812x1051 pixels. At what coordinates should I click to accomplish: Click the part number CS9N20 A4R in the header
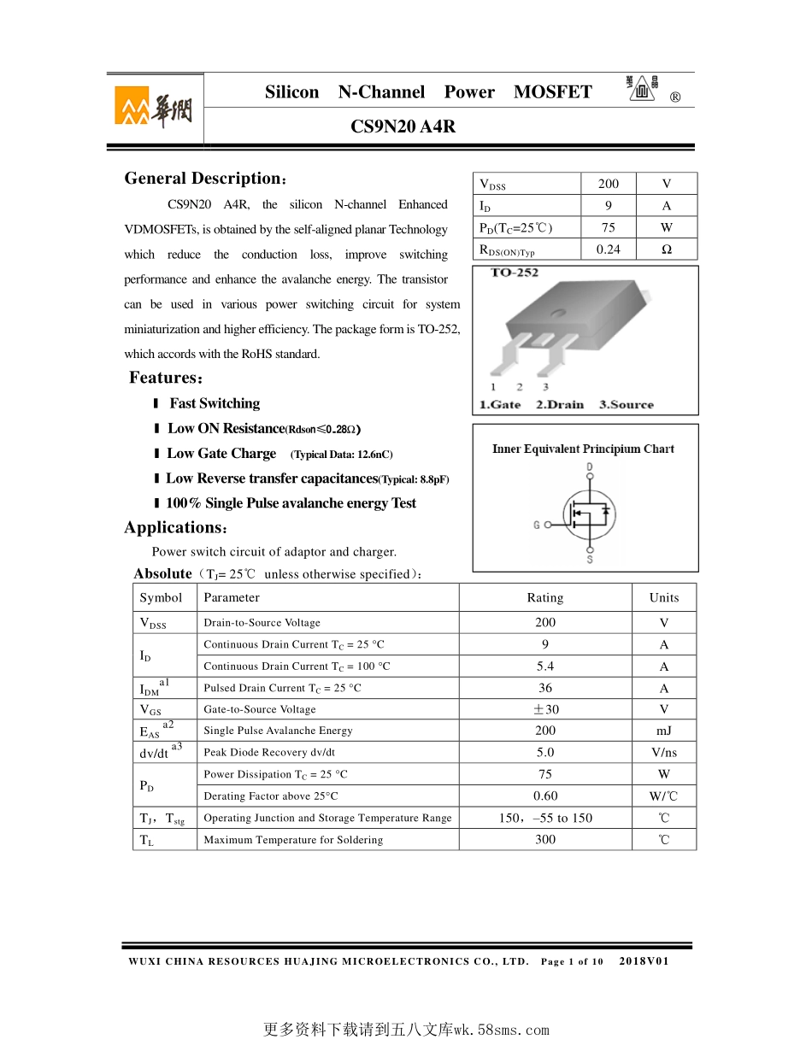403,126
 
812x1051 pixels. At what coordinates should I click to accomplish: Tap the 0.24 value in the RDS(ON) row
608,250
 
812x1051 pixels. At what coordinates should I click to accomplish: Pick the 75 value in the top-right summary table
608,227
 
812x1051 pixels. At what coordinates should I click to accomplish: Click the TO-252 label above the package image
515,273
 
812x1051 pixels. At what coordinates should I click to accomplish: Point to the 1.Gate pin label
500,405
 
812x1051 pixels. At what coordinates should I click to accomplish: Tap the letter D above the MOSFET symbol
589,467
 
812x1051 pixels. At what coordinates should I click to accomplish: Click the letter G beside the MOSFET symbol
537,525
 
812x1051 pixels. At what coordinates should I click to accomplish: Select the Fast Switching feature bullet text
215,403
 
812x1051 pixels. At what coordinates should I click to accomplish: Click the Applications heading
175,527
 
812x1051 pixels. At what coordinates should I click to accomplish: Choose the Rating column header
545,598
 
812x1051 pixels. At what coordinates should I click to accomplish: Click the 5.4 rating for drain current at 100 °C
545,666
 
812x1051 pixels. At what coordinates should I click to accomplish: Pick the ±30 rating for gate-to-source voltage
545,709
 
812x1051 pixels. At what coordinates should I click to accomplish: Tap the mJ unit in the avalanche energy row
664,731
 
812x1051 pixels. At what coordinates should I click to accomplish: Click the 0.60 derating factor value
545,796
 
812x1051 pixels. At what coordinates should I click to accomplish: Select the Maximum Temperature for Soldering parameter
293,840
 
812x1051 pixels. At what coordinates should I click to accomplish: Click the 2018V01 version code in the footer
644,961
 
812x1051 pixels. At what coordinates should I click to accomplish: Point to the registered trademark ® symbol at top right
675,97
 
